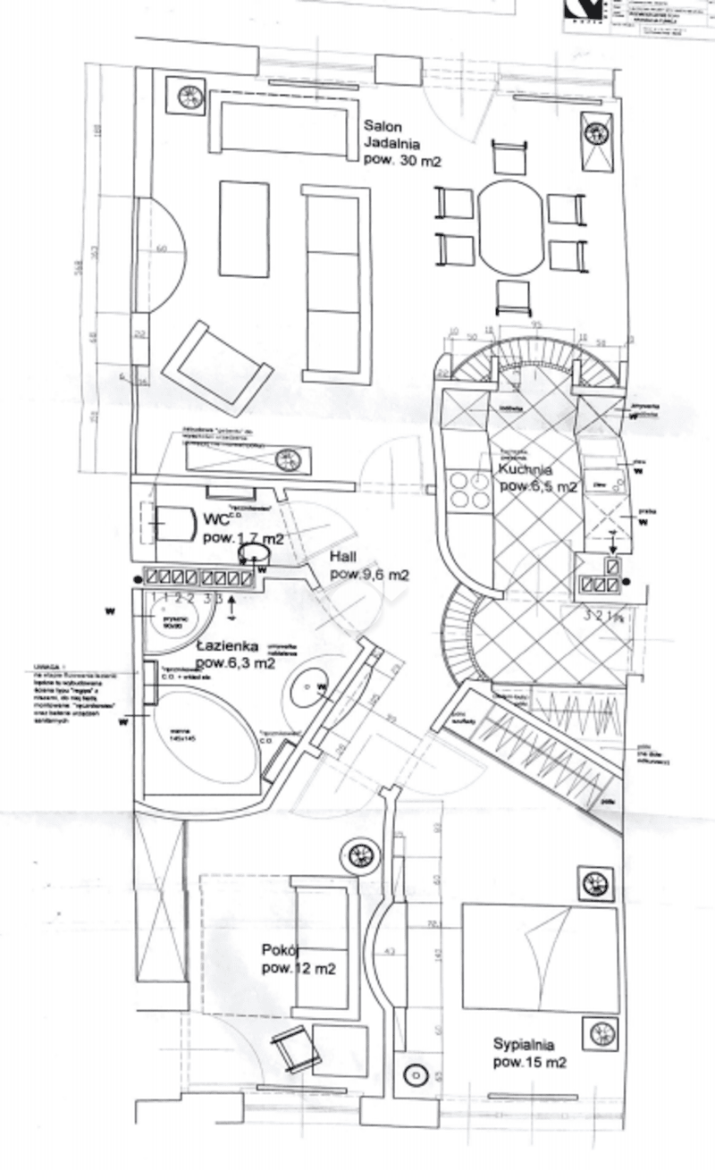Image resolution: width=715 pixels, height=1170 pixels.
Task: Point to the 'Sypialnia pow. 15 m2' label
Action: [529, 1053]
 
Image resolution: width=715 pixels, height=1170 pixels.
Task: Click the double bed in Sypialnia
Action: [540, 959]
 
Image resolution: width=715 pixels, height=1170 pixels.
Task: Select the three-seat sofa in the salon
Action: [335, 281]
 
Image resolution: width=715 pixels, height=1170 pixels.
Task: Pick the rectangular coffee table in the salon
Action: [244, 229]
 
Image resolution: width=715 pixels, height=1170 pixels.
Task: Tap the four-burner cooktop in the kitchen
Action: [470, 490]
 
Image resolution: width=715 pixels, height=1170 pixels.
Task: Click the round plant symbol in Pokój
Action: [361, 855]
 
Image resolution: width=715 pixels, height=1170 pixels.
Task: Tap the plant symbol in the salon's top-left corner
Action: [190, 97]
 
